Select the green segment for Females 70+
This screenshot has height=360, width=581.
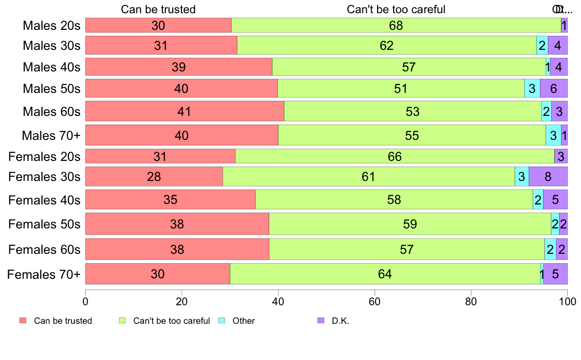[x=385, y=274]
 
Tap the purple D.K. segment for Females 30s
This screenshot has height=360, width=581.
[x=548, y=177]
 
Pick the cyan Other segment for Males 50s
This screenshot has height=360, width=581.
[x=532, y=89]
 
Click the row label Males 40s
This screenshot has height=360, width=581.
[x=51, y=67]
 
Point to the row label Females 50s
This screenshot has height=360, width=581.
[x=44, y=224]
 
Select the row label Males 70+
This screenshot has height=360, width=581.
[x=51, y=135]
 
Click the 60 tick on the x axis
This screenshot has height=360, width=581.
[x=375, y=302]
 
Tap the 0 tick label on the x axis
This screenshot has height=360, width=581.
[x=86, y=302]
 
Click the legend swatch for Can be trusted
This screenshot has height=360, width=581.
[x=22, y=321]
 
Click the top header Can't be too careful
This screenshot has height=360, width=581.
[x=396, y=9]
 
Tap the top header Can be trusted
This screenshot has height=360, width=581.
[x=158, y=9]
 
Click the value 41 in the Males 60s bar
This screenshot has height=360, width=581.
[x=184, y=112]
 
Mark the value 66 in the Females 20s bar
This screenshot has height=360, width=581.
[x=395, y=157]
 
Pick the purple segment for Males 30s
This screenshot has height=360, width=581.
[x=558, y=45]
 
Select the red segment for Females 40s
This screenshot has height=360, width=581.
[x=170, y=200]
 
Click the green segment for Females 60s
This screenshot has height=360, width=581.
[x=406, y=249]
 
